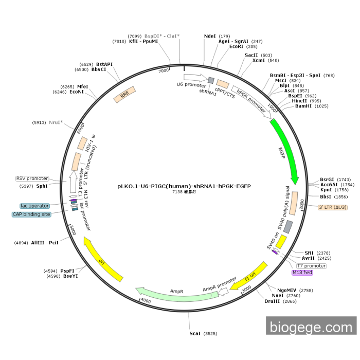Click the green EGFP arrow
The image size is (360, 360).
287,152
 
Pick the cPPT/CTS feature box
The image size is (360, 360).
222,83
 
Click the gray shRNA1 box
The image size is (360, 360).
211,80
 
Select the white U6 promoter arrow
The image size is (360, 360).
191,76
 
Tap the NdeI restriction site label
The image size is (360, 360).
210,36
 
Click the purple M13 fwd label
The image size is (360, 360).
302,272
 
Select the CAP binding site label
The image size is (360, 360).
32,214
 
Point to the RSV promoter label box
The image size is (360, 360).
32,178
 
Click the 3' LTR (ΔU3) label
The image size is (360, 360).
333,207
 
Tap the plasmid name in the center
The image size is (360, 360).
184,186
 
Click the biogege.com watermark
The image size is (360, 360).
312,327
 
